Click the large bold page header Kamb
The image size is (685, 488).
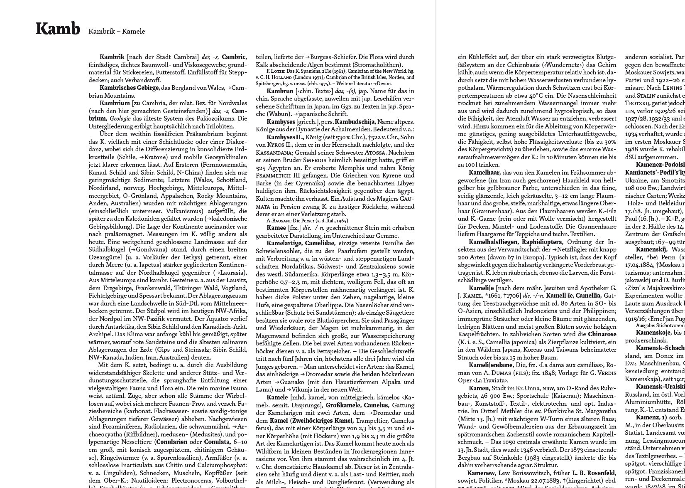point(57,29)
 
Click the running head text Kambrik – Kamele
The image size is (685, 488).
point(117,31)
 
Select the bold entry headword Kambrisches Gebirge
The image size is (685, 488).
point(130,88)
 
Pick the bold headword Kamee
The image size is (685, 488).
point(276,228)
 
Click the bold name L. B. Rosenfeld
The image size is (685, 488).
point(594,473)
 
